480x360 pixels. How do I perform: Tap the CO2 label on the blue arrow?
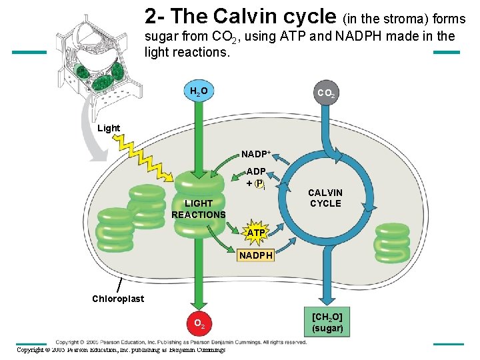tap(327, 93)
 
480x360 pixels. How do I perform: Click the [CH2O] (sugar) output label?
tap(327, 321)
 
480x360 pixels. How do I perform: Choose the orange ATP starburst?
tap(256, 233)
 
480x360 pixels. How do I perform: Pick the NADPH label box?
tap(256, 255)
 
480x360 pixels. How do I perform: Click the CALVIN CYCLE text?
tap(325, 198)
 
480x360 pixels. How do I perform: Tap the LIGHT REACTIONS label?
tap(198, 209)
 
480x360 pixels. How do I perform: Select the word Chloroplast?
tap(117, 299)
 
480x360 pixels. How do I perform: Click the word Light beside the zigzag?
tap(109, 128)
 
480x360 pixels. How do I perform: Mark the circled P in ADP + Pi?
tap(259, 183)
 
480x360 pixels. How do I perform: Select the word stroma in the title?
tap(403, 19)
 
